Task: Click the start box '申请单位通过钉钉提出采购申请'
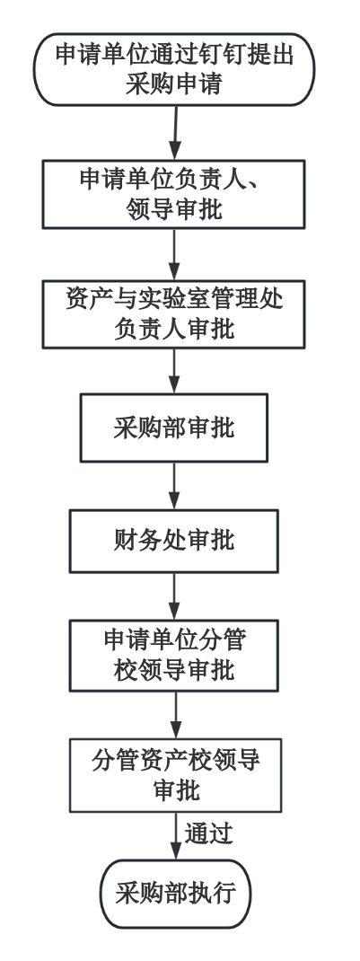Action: (174, 70)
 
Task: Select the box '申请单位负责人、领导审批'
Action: (174, 194)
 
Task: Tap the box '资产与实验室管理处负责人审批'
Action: (174, 314)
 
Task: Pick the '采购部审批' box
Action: (174, 428)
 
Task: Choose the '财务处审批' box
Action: (174, 542)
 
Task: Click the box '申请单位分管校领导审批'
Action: (174, 655)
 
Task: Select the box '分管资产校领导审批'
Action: (176, 775)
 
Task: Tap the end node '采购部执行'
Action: (176, 894)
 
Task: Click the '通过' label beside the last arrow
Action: (209, 833)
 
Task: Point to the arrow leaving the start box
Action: (176, 133)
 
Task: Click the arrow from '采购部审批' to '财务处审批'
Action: (174, 485)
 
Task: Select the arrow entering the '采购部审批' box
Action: (174, 371)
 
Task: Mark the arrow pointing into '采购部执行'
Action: (176, 836)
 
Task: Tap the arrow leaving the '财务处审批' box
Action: (174, 596)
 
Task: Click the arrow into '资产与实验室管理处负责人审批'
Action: (174, 254)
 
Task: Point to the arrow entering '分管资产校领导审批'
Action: (176, 715)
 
